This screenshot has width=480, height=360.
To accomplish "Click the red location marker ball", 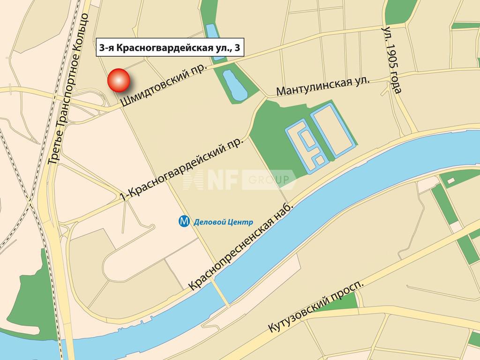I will tap(119, 80).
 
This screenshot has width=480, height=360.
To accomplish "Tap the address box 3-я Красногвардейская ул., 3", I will tap(171, 48).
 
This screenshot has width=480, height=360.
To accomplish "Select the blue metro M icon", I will tap(185, 221).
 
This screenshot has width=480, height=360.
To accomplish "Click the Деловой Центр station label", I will tap(223, 222).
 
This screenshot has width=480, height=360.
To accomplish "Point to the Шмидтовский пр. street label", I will tap(164, 84).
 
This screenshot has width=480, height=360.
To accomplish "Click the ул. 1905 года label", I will tap(392, 60).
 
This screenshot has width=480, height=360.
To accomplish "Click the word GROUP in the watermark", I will tap(272, 180).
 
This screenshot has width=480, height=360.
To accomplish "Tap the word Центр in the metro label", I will tap(241, 222).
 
